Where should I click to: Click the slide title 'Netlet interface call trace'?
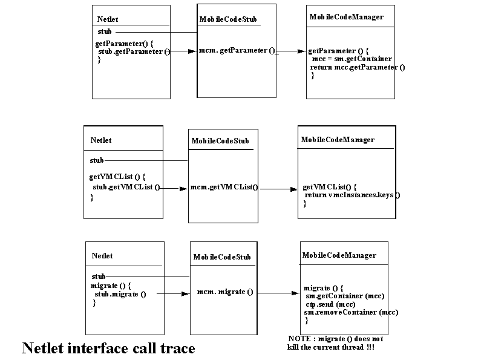pos(108,348)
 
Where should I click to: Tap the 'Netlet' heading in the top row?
pos(108,19)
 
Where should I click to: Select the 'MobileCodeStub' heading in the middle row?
pos(220,141)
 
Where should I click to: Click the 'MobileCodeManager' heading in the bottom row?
pos(339,255)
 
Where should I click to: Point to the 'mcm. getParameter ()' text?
pos(237,50)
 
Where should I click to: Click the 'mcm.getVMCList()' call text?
pos(224,187)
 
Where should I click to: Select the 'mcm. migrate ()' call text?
pos(225,292)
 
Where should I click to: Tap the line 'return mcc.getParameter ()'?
pos(358,67)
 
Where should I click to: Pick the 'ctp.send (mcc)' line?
pos(330,304)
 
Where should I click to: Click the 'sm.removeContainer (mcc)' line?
pos(351,312)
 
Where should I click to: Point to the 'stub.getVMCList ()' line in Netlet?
pos(126,187)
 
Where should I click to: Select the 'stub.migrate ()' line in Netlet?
pos(120,294)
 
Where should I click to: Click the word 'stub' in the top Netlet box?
pos(104,31)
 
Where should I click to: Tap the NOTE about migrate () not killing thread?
pos(335,343)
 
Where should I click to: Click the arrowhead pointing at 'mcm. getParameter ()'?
pos(192,51)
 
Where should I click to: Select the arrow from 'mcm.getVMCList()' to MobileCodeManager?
pos(279,189)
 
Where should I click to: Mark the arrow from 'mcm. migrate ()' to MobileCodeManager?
pos(278,293)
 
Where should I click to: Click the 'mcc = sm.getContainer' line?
pos(352,59)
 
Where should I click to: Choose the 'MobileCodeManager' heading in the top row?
pos(346,17)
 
